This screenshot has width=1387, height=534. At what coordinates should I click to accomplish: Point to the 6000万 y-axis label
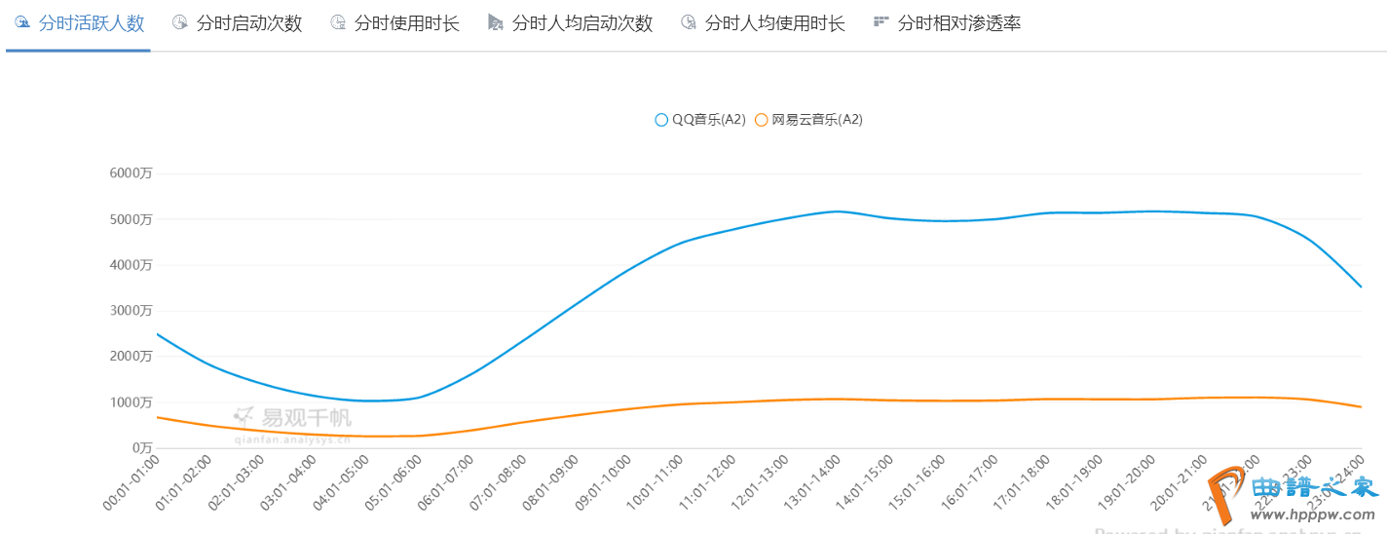coord(131,173)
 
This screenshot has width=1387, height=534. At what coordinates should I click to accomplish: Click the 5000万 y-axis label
coord(131,219)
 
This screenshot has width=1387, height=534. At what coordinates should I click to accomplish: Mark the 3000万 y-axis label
coord(131,311)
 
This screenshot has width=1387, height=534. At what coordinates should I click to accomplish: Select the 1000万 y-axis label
coord(131,402)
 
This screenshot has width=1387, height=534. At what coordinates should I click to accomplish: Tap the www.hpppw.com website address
coord(1317,514)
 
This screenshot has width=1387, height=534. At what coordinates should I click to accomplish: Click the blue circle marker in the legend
coord(662,120)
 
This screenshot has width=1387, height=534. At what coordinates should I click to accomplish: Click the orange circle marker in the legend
coord(762,120)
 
